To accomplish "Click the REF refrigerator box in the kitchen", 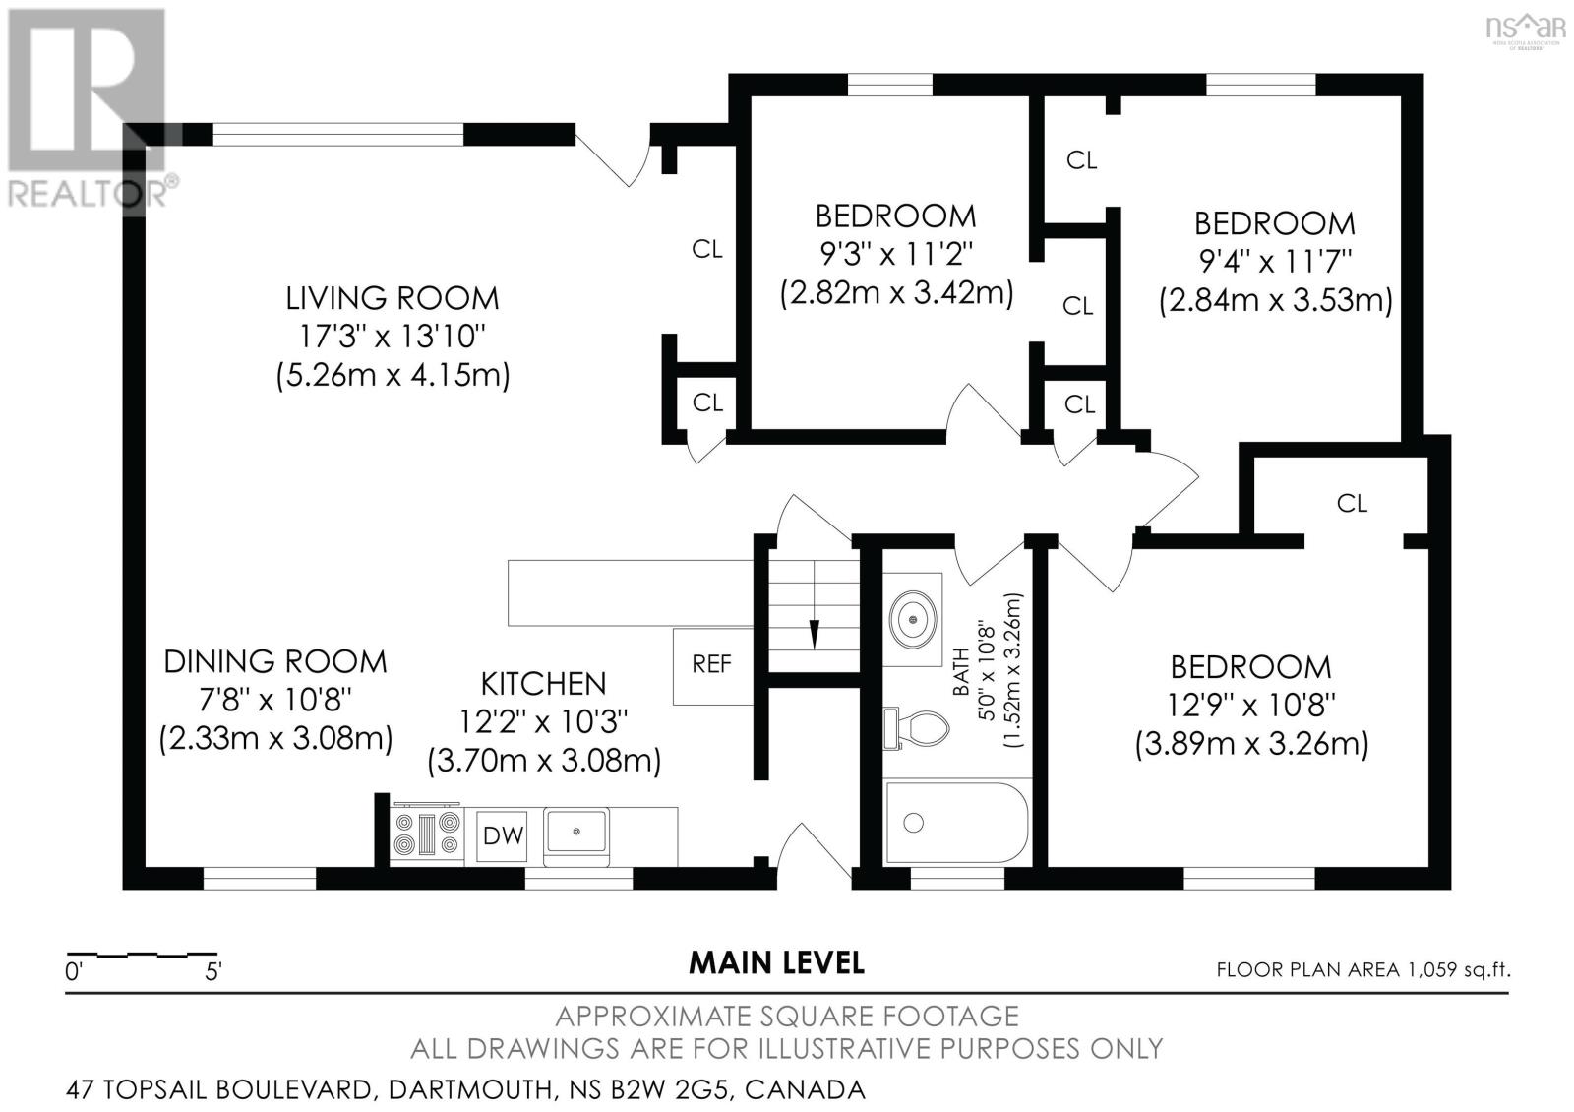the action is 712,666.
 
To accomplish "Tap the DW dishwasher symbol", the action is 503,835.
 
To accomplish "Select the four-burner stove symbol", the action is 427,834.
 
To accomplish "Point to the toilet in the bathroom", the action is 916,729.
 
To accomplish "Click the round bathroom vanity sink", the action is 913,619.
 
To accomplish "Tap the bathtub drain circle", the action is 914,823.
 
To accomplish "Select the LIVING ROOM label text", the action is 393,299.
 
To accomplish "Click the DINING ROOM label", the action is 275,662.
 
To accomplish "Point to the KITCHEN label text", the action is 543,684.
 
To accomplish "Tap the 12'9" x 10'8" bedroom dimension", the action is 1250,705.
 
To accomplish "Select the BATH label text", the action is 960,672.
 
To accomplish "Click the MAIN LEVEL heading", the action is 776,963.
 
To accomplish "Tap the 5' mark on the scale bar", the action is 213,972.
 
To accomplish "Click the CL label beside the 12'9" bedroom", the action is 1352,503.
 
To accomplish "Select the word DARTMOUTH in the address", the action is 471,1090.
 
